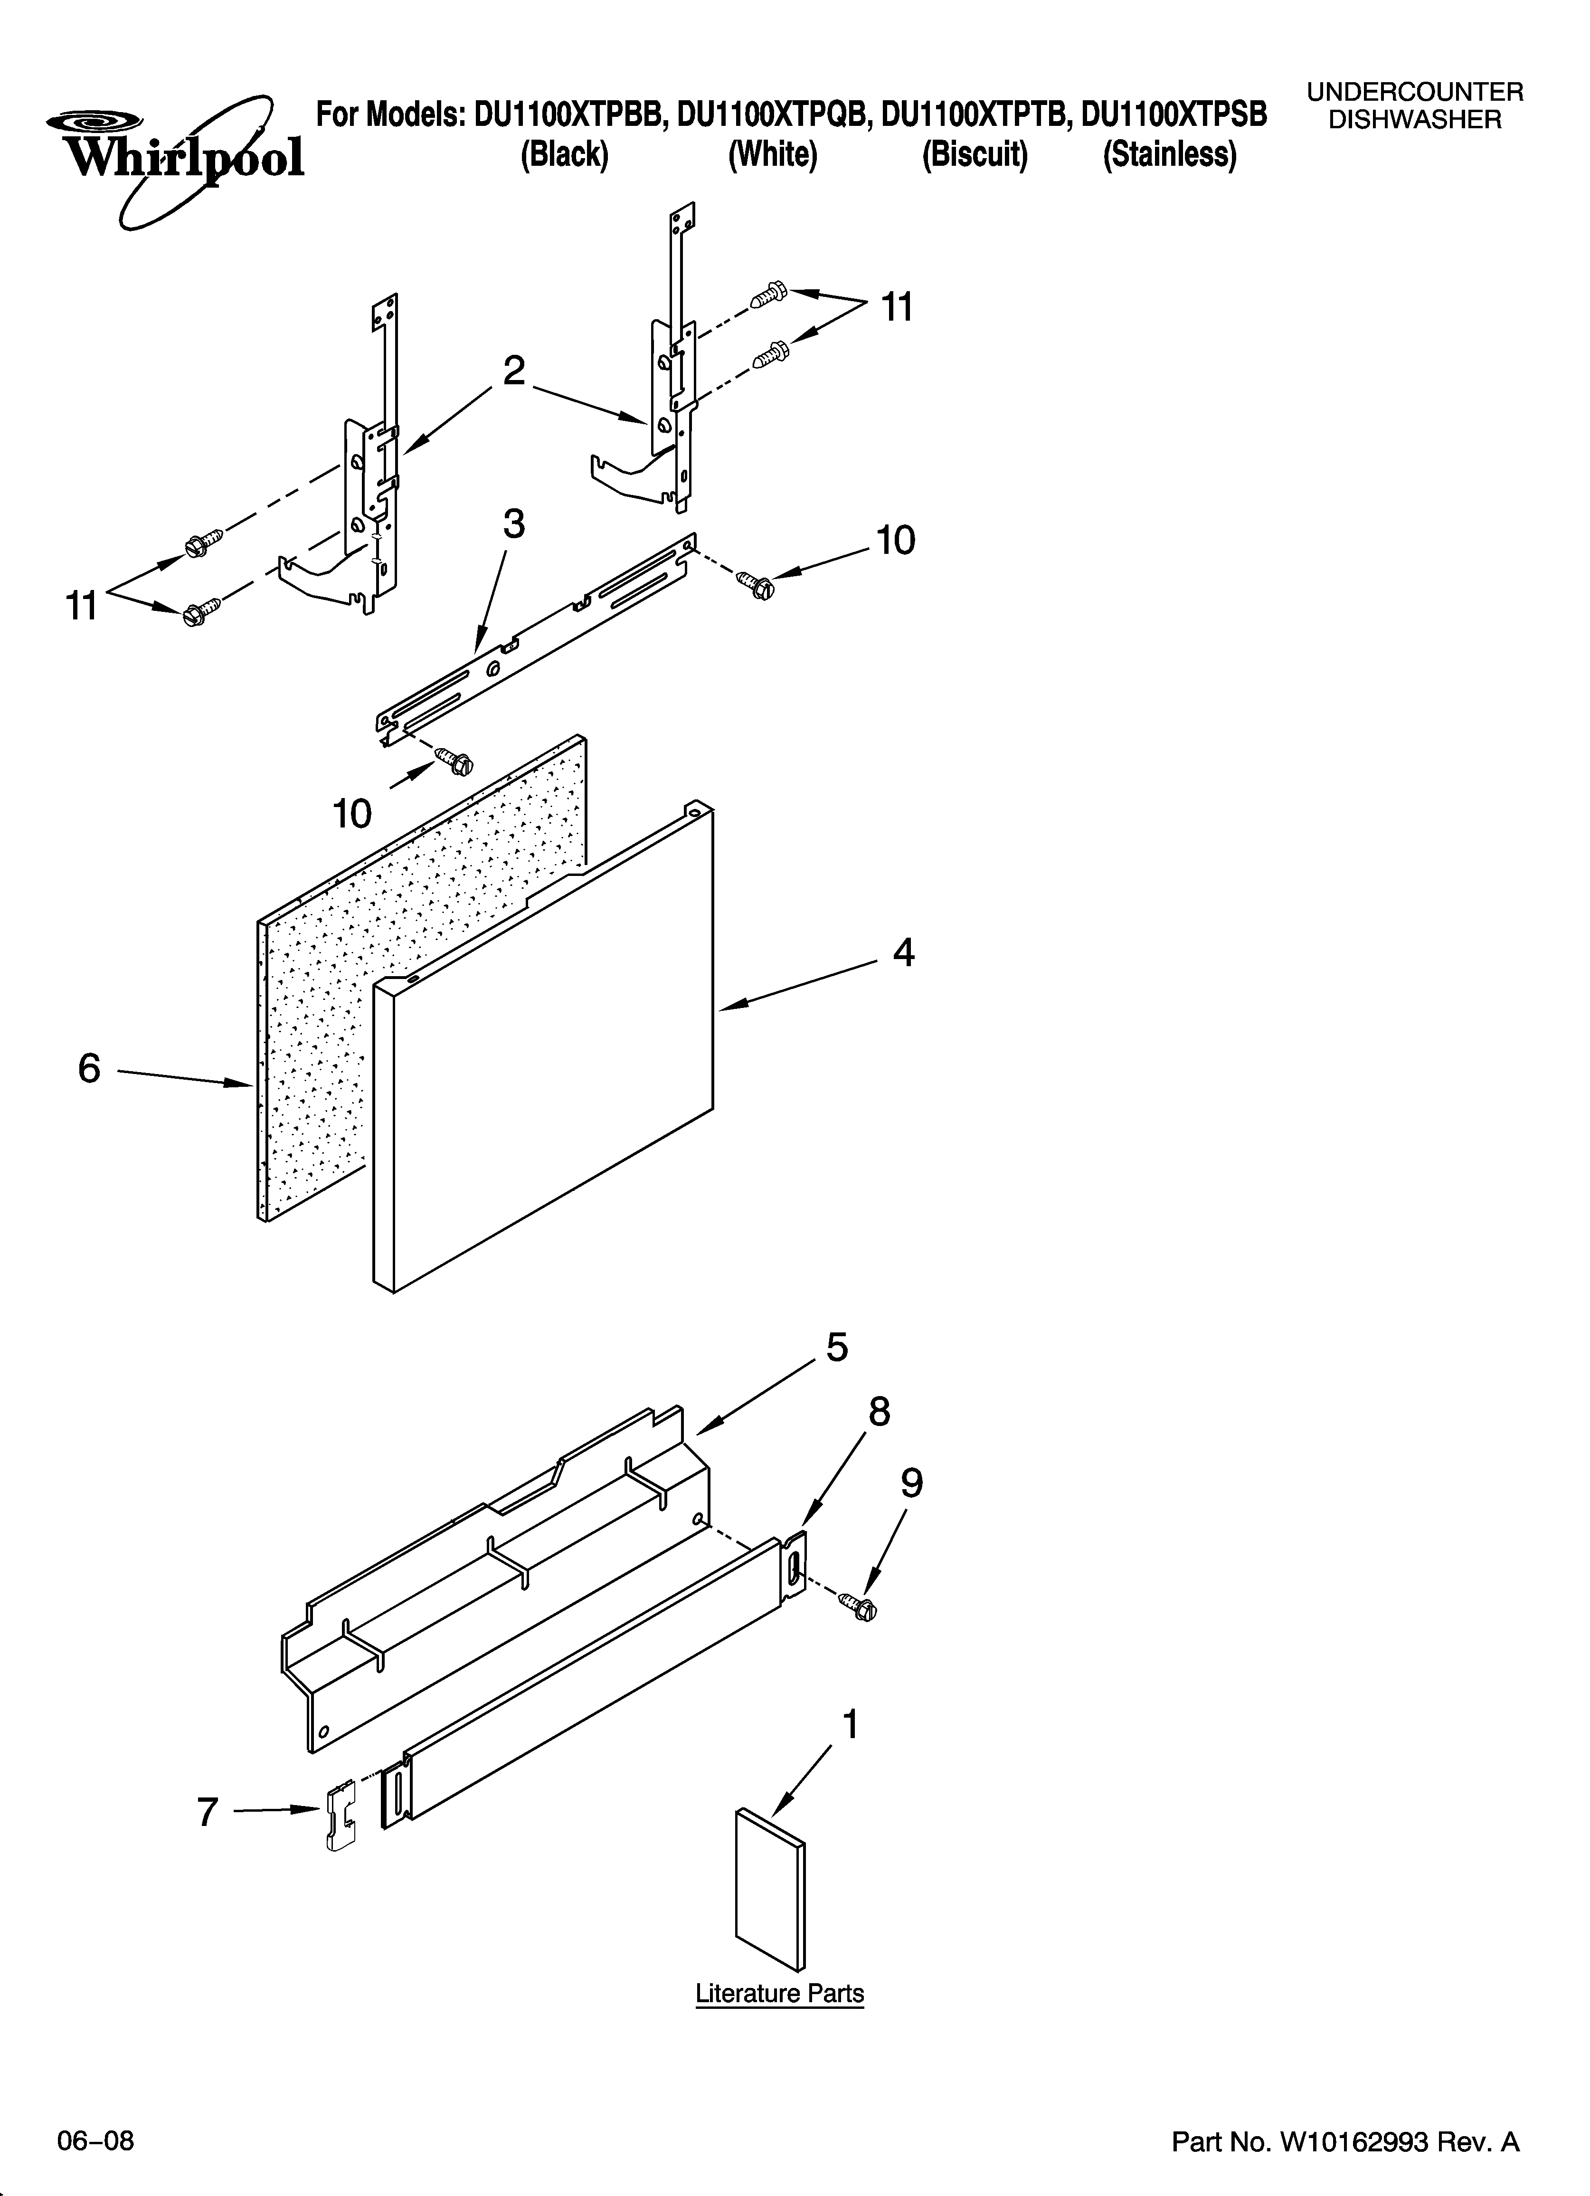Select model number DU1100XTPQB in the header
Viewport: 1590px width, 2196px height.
pyautogui.click(x=775, y=115)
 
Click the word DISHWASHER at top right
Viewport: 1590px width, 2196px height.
pyautogui.click(x=1415, y=120)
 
